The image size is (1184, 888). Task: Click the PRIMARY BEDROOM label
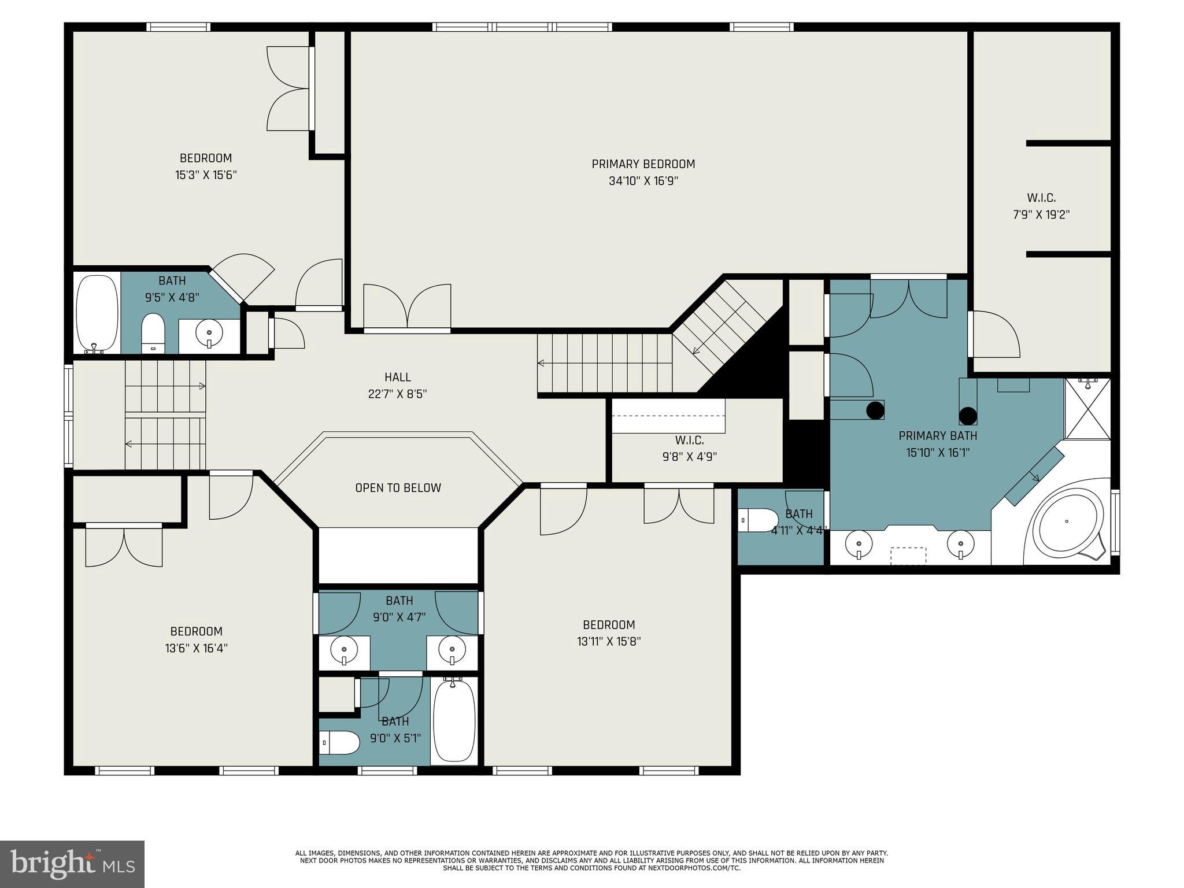tap(643, 164)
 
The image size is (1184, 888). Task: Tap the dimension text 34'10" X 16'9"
tap(643, 181)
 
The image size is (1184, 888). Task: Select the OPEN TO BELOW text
tap(398, 488)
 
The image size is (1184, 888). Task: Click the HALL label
tap(398, 378)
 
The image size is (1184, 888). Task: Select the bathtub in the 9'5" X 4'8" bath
tap(97, 313)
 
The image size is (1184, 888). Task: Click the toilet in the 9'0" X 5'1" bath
tap(339, 742)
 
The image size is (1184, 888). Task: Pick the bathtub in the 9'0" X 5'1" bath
tap(454, 721)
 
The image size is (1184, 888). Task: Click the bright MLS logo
tap(72, 864)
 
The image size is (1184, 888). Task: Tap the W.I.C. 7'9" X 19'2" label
tap(1041, 206)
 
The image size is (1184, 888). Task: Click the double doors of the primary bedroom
tap(407, 307)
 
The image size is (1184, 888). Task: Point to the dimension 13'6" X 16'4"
tap(196, 648)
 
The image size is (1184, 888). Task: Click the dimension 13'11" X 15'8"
tap(609, 641)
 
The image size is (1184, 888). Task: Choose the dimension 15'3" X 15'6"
tap(206, 175)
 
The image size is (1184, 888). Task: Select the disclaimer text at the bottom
tap(591, 860)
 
